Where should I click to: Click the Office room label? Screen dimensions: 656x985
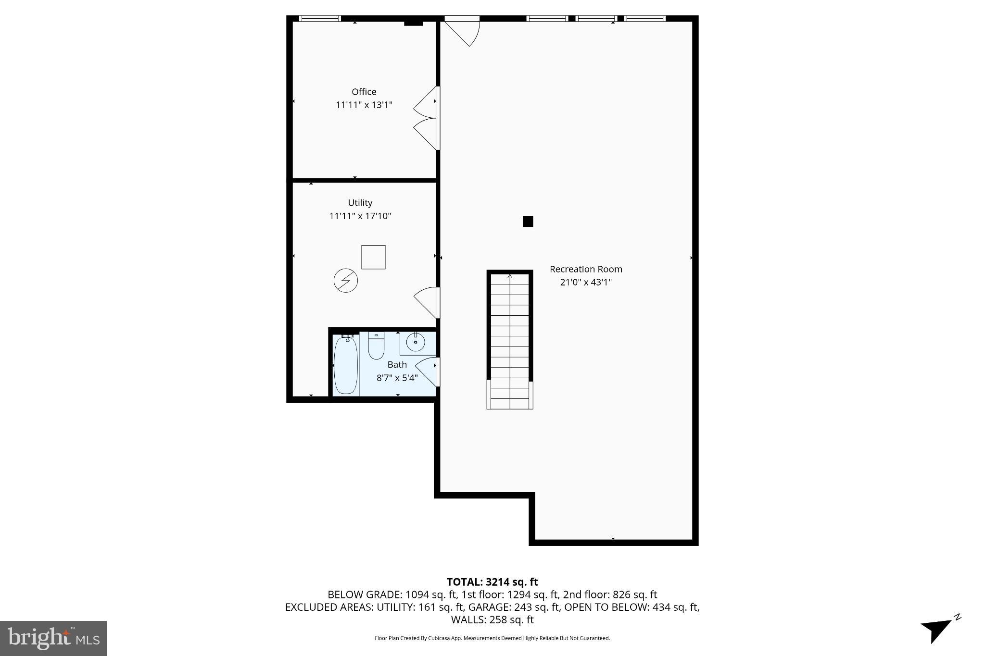pyautogui.click(x=364, y=92)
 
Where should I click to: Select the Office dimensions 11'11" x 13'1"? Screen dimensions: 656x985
pyautogui.click(x=364, y=105)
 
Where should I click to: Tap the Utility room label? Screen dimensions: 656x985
pyautogui.click(x=360, y=203)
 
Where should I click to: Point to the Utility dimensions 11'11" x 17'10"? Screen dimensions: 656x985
pyautogui.click(x=360, y=216)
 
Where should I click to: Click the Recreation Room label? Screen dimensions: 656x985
pyautogui.click(x=585, y=269)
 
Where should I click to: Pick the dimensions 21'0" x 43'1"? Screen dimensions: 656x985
pyautogui.click(x=585, y=282)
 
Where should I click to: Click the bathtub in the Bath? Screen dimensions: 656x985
pyautogui.click(x=346, y=365)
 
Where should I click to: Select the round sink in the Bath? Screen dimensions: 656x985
pyautogui.click(x=415, y=342)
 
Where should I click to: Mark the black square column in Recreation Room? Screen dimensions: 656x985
pyautogui.click(x=528, y=222)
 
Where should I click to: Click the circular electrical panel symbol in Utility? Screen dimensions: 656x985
pyautogui.click(x=345, y=281)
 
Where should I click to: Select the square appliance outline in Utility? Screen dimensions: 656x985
pyautogui.click(x=373, y=257)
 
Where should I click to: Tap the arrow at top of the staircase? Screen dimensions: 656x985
pyautogui.click(x=510, y=276)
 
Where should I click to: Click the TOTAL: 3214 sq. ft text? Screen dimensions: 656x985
pyautogui.click(x=492, y=582)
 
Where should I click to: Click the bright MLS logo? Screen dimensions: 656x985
pyautogui.click(x=53, y=638)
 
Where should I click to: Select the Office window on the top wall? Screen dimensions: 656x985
pyautogui.click(x=319, y=19)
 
